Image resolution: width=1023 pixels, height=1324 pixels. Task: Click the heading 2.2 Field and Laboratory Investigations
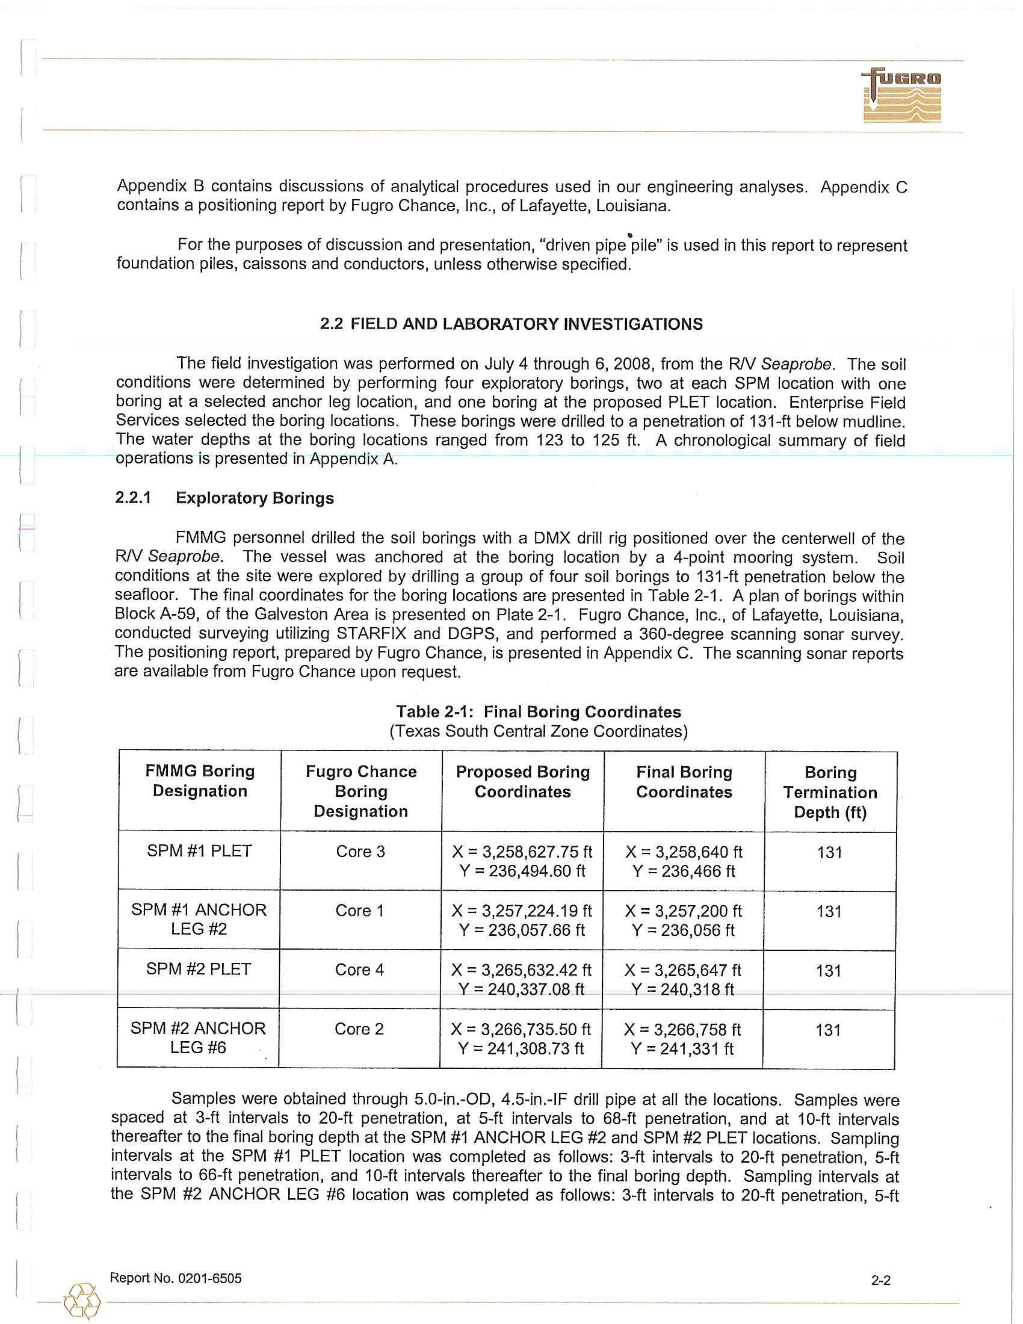512,324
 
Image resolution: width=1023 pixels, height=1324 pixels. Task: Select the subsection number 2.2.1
133,498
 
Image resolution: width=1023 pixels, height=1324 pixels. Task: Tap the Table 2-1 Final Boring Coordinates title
538,712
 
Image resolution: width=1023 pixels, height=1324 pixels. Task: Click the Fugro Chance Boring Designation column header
361,791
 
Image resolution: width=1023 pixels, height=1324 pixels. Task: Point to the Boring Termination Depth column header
830,793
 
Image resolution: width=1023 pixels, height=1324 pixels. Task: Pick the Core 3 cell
360,851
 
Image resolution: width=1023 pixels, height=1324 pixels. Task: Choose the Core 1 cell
360,911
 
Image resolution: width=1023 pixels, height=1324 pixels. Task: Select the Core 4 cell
359,970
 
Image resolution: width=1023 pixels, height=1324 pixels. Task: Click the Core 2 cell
359,1029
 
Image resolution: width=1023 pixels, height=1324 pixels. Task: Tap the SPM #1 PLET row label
199,850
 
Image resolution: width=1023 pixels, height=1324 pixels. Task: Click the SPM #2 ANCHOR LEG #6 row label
198,1038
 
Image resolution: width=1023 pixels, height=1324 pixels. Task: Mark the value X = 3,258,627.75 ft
522,852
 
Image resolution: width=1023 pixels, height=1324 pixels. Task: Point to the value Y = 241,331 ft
682,1049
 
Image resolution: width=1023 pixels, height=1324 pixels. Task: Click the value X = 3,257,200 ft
683,911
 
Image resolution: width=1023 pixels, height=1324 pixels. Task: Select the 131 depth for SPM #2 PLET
829,971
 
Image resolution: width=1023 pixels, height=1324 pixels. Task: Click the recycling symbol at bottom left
82,1301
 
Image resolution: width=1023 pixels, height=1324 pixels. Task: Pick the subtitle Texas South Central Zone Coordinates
538,731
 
